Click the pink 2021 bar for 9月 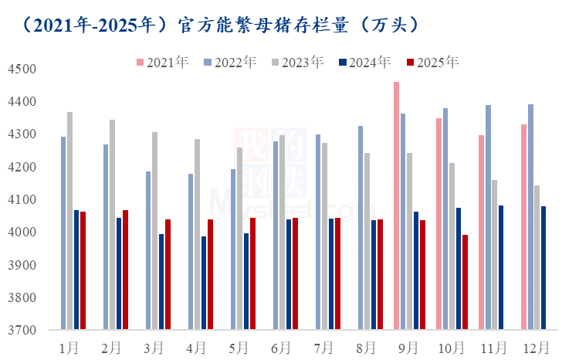tap(396, 205)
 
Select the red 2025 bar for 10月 tap(465, 282)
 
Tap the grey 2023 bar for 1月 tap(69, 221)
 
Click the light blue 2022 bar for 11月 tap(488, 217)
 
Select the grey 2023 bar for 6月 tap(282, 233)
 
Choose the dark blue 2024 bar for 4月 tap(204, 283)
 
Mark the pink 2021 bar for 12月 tap(523, 227)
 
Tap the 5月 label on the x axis tap(239, 347)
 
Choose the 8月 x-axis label tap(366, 347)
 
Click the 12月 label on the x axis tap(536, 347)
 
